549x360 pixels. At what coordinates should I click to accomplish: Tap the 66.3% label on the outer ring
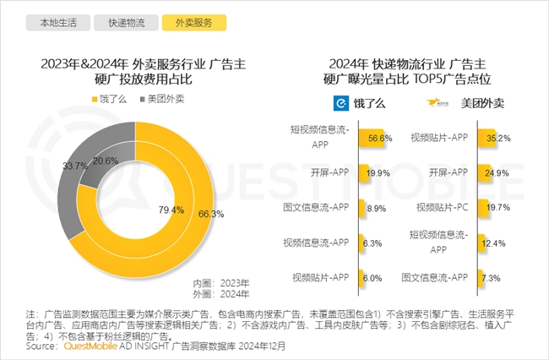(x=212, y=215)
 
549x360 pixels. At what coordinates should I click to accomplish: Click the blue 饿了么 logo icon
(x=339, y=104)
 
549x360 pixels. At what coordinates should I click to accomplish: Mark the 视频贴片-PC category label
(x=438, y=206)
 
